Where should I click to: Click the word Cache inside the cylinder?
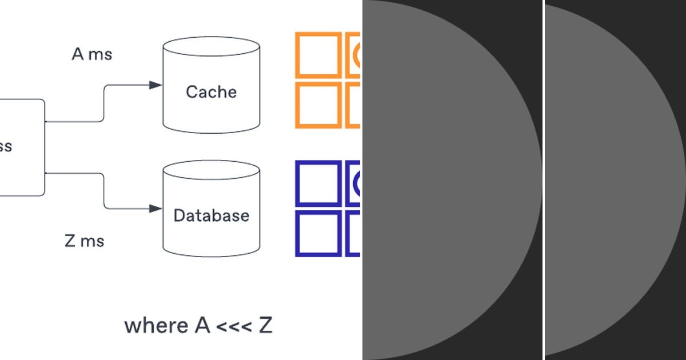(211, 92)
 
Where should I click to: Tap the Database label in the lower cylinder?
(212, 215)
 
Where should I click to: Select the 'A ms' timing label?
(92, 54)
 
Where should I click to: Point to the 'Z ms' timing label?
(85, 241)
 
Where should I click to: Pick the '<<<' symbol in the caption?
(234, 326)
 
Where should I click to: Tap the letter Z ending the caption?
(265, 326)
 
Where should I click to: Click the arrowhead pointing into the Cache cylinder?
(155, 85)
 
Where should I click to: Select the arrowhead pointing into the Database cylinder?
(155, 209)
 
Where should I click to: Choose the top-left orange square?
(318, 54)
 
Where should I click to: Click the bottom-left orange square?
(318, 105)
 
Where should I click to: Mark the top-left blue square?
(318, 183)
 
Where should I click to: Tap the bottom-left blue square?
(318, 233)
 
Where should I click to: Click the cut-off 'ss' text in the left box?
(5, 147)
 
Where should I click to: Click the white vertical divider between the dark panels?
(543, 180)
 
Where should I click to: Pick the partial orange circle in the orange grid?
(357, 54)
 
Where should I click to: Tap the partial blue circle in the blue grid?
(357, 183)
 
